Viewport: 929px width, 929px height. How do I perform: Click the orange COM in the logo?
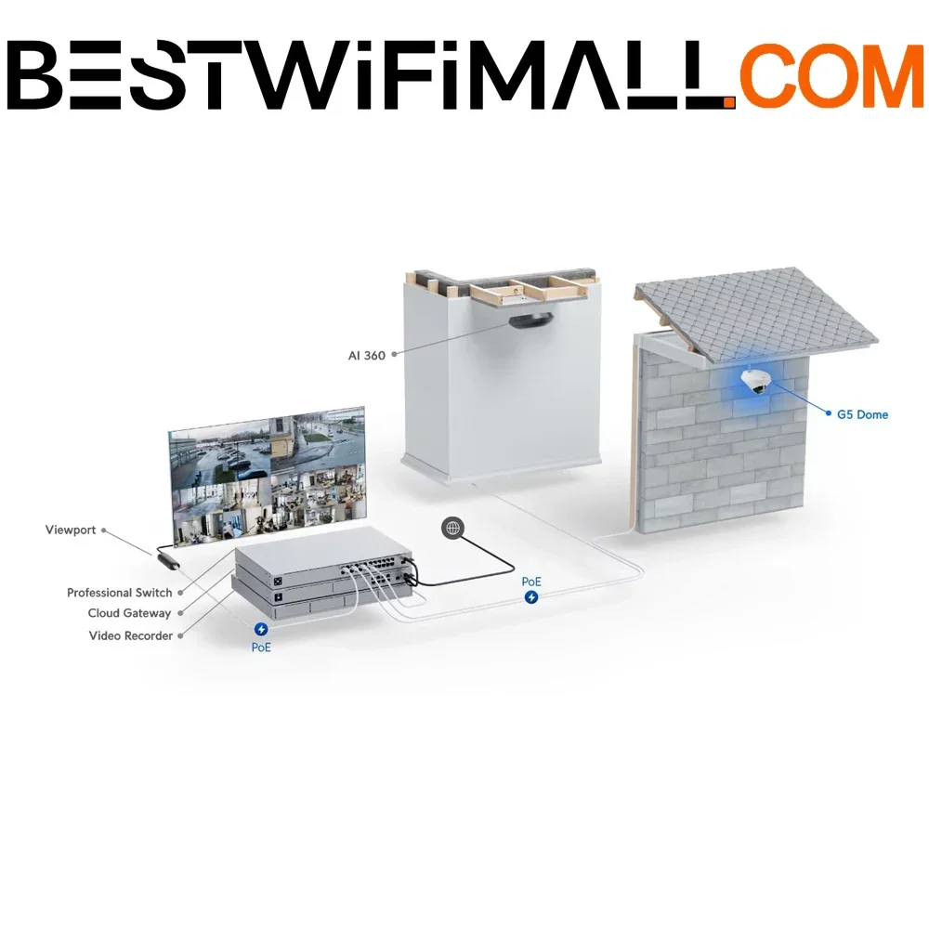coord(831,76)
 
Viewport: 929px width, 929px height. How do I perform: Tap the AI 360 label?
coord(367,356)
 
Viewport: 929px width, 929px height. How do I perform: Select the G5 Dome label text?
coord(862,414)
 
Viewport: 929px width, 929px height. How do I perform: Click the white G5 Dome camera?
coord(756,382)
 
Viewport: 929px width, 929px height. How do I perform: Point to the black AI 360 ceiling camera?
coord(530,321)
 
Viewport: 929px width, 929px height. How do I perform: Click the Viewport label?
coord(71,530)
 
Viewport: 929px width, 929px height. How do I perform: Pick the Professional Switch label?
coord(119,593)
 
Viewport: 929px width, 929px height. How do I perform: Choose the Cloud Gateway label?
coord(129,613)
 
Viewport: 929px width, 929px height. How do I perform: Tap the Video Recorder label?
coord(131,635)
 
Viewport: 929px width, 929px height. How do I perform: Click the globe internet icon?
coord(453,528)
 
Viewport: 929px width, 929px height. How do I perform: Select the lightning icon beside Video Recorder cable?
coord(261,629)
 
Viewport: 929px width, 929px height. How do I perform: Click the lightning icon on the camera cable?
coord(531,597)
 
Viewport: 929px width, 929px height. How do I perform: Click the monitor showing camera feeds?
coord(268,476)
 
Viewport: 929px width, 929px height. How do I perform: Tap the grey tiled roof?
coord(756,314)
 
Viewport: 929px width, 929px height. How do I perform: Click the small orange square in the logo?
coord(730,104)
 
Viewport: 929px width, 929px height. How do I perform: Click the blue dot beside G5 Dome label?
coord(829,413)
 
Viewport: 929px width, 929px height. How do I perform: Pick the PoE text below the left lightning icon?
coord(261,648)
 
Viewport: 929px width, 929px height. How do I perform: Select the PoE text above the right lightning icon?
coord(531,582)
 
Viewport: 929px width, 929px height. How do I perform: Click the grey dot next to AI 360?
coord(395,354)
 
